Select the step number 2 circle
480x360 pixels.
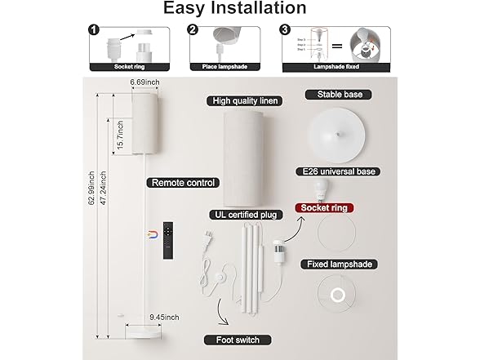(193, 31)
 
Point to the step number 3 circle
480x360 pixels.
(286, 31)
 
